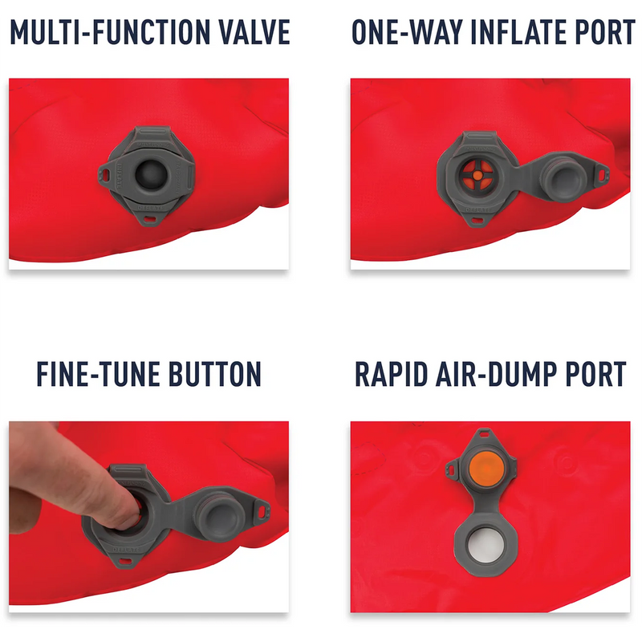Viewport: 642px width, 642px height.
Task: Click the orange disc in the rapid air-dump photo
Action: [484, 467]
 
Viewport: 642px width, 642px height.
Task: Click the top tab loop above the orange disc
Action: [484, 437]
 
